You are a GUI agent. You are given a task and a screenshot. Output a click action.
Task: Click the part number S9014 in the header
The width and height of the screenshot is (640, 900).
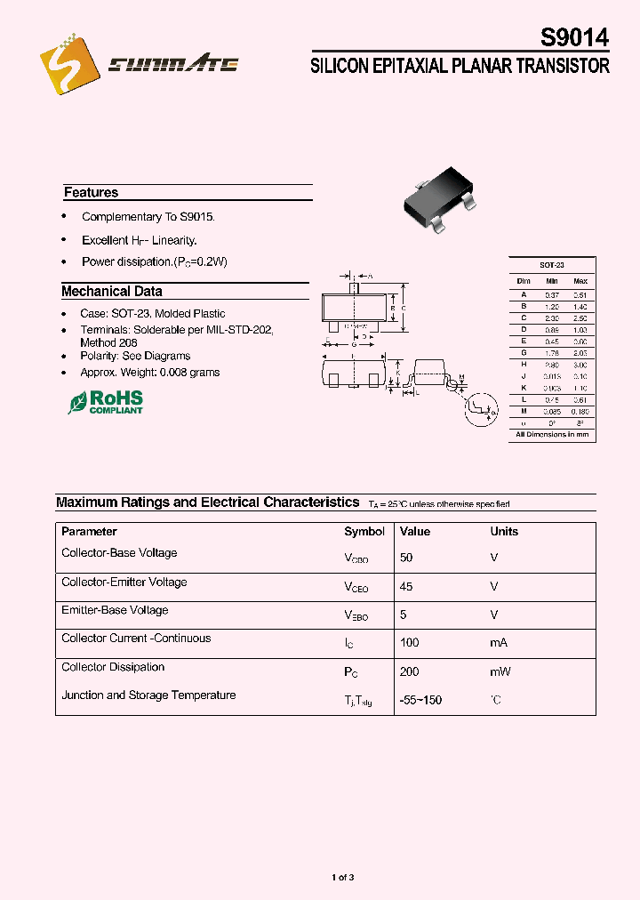tap(574, 38)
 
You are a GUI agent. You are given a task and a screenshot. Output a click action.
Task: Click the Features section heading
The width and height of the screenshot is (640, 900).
tap(91, 192)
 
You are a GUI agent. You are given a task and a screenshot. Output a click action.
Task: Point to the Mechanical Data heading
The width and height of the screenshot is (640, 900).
tap(111, 291)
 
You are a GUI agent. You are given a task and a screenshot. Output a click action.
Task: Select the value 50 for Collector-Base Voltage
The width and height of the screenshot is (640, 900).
tap(406, 557)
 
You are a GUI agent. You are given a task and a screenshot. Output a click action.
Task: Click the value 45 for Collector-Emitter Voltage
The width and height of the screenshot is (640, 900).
tap(406, 586)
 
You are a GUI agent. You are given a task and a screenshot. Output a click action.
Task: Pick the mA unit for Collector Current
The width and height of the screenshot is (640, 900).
tap(500, 642)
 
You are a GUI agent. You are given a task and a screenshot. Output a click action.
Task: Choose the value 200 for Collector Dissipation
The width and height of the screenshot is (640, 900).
tap(409, 671)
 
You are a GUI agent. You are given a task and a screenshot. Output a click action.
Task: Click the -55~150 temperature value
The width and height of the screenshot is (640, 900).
tap(420, 700)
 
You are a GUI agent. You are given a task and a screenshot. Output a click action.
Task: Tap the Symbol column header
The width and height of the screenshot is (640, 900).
tap(364, 531)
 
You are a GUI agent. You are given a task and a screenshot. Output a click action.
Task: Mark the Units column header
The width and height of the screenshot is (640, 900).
tap(504, 531)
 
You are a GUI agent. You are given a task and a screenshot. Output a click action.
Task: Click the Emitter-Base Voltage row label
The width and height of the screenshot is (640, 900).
tap(115, 610)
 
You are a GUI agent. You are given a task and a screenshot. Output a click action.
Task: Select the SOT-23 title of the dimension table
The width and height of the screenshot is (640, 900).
tap(552, 265)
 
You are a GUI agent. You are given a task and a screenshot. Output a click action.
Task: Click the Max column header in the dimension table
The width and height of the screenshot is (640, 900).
tap(580, 281)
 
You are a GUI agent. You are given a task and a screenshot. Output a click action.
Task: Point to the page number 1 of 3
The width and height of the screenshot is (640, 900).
tap(343, 878)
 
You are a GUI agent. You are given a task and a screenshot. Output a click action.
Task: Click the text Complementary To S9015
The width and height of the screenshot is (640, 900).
tap(148, 217)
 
